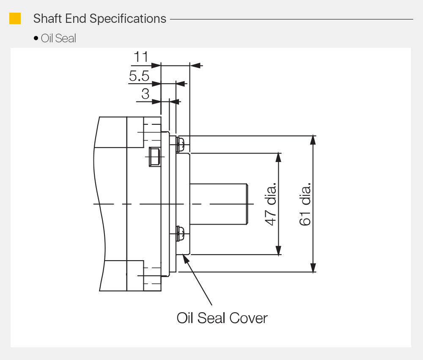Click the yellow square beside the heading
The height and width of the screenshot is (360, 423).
pyautogui.click(x=15, y=19)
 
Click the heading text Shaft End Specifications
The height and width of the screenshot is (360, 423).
pyautogui.click(x=99, y=19)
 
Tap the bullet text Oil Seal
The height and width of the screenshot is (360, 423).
pyautogui.click(x=58, y=38)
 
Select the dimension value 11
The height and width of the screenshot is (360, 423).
pyautogui.click(x=140, y=57)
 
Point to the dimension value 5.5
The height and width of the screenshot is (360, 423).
pyautogui.click(x=139, y=76)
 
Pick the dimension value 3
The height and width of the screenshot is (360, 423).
pyautogui.click(x=145, y=93)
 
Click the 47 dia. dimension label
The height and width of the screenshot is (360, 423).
pyautogui.click(x=271, y=204)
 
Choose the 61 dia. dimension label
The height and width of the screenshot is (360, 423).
pyautogui.click(x=305, y=204)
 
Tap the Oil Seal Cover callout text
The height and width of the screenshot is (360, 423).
pyautogui.click(x=222, y=318)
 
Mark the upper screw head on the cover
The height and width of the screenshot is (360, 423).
pyautogui.click(x=180, y=144)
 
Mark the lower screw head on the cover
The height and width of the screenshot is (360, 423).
pyautogui.click(x=180, y=233)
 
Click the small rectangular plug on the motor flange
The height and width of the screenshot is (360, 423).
pyautogui.click(x=154, y=157)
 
